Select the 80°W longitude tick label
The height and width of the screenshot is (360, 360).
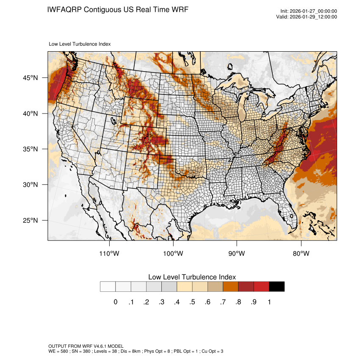coord(301,254)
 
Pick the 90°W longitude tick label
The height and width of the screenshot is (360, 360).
coord(237,254)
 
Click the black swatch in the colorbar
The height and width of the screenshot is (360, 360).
coord(277,286)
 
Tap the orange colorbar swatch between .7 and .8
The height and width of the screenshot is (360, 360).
coord(230,286)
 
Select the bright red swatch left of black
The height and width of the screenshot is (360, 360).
coord(261,286)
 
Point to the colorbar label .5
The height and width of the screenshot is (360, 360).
coord(192,302)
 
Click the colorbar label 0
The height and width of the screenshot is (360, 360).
coord(115,302)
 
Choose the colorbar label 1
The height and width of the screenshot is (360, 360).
coord(269,302)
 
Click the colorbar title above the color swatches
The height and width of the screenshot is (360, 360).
coord(192,277)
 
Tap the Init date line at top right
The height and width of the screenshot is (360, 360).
coord(309,11)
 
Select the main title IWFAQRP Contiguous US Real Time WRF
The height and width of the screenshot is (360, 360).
coord(118,9)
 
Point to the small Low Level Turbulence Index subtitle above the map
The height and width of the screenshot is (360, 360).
coord(80,44)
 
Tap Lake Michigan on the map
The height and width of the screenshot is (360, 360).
coord(242,111)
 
